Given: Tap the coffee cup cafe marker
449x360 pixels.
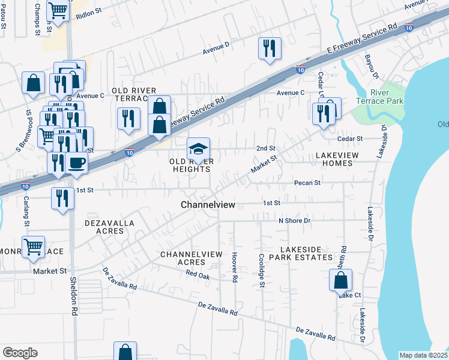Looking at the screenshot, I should (77, 163).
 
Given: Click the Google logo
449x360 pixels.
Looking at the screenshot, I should (20, 352).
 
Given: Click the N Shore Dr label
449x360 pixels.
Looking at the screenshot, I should (294, 220).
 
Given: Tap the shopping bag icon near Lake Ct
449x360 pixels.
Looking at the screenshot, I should (340, 280).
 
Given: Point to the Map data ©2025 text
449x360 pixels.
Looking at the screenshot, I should (424, 355).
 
